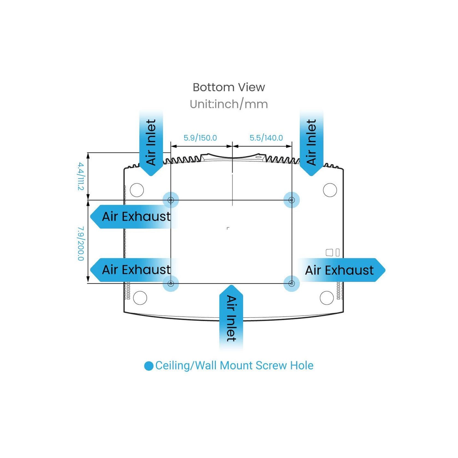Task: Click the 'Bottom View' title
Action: click(x=229, y=87)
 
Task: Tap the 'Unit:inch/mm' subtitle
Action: click(x=229, y=104)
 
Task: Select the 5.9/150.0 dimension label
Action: click(x=200, y=138)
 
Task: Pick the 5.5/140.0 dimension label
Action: click(x=266, y=138)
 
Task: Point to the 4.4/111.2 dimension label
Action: click(x=81, y=176)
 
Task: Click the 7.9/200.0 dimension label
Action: click(x=81, y=243)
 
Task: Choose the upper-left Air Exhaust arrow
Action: click(x=134, y=217)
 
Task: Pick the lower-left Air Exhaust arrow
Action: click(x=134, y=270)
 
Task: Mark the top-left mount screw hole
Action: click(x=171, y=200)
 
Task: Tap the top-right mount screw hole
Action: click(x=292, y=200)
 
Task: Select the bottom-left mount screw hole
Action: click(x=171, y=283)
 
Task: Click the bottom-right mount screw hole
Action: click(x=292, y=283)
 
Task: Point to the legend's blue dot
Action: click(x=149, y=366)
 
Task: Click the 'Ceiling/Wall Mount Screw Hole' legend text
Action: click(x=234, y=365)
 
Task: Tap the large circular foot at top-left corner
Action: click(x=137, y=190)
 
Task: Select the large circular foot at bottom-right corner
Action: click(x=327, y=298)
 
